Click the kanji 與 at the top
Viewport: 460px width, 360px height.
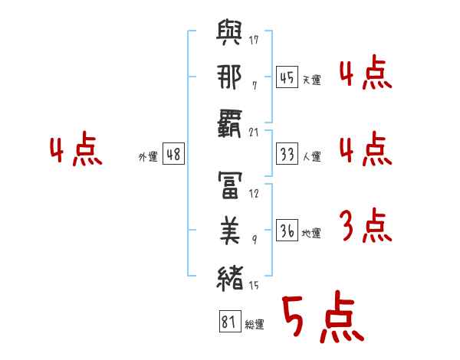pos(229,32)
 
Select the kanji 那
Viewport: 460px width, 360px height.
pos(229,77)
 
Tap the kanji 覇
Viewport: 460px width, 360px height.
pos(229,123)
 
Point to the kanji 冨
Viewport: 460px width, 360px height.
pos(230,185)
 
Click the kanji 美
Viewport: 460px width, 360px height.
pos(230,231)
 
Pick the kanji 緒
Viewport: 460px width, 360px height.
pos(230,278)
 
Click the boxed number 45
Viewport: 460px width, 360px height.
pos(287,77)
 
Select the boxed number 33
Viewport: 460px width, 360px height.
pos(287,154)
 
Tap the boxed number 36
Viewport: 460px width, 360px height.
pos(287,230)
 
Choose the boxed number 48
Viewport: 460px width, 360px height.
pos(173,154)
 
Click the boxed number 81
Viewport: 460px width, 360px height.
pos(230,321)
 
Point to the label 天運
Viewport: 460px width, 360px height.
pos(312,80)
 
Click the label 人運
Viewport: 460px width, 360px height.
pos(312,156)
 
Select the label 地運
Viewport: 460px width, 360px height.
pos(311,233)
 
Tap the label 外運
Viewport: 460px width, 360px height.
pos(148,156)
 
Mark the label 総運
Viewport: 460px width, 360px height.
pos(255,324)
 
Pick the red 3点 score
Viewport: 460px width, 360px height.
pos(366,225)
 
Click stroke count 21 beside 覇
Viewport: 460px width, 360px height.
pos(254,133)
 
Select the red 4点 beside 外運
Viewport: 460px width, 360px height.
pos(76,149)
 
